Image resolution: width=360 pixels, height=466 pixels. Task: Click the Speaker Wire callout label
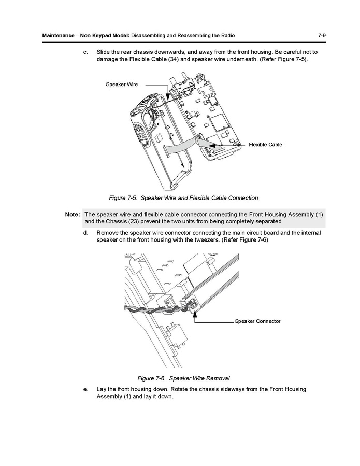coord(122,84)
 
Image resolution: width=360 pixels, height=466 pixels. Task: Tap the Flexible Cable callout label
coord(265,145)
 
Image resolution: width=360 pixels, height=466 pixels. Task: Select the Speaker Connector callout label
coord(257,321)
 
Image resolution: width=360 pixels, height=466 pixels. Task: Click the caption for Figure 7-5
coord(183,198)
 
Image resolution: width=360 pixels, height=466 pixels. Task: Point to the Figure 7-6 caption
coord(183,377)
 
